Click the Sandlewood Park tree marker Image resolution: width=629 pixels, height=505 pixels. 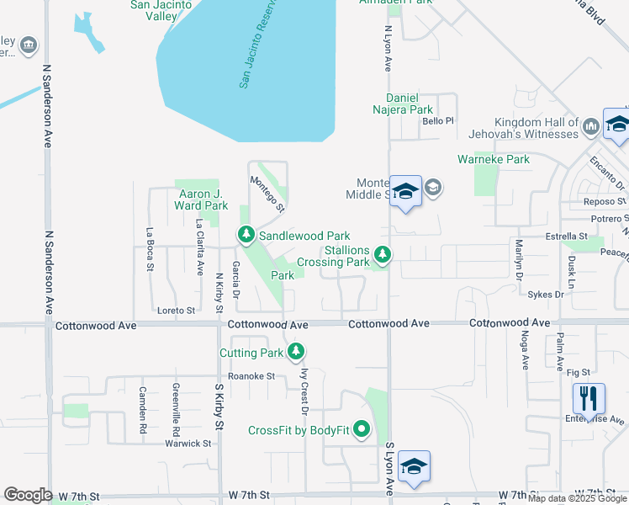[x=246, y=235]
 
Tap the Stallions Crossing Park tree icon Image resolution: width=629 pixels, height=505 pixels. [x=383, y=252]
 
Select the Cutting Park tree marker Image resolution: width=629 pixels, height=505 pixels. [x=295, y=352]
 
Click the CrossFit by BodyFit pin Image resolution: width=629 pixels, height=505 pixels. [x=362, y=430]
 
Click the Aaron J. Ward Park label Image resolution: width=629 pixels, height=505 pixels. [x=201, y=199]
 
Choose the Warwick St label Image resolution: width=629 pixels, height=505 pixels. [x=188, y=443]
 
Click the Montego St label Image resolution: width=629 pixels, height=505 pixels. [x=267, y=193]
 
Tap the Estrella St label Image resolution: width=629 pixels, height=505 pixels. [x=566, y=237]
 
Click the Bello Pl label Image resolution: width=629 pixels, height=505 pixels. [x=438, y=121]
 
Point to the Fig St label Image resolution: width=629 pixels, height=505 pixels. [x=579, y=371]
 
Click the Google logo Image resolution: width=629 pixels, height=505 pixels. [x=28, y=495]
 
